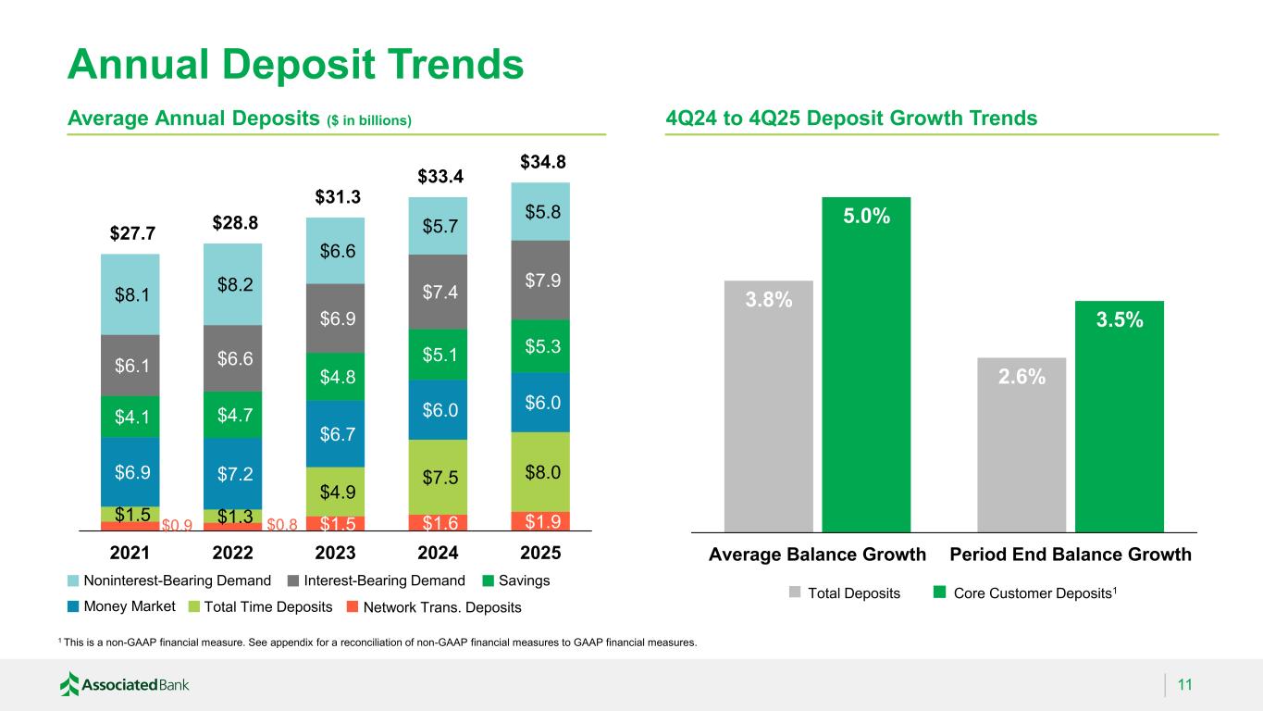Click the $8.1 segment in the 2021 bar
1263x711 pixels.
tap(130, 294)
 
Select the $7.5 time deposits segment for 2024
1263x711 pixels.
tap(439, 476)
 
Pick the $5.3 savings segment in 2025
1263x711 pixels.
tap(541, 346)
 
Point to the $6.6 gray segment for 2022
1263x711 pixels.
tap(233, 358)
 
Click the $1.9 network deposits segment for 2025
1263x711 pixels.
tap(541, 521)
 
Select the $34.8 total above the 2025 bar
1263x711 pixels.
tap(541, 163)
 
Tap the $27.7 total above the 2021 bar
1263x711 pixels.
tap(130, 234)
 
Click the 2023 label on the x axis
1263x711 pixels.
tap(336, 554)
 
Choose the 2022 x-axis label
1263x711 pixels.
tap(233, 554)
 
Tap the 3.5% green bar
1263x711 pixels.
tap(1120, 416)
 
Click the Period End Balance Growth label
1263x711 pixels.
tap(1071, 555)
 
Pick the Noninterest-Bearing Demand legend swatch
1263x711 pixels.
tap(74, 581)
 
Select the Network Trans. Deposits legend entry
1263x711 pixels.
tap(443, 607)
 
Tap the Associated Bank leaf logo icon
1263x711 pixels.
tap(70, 684)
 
